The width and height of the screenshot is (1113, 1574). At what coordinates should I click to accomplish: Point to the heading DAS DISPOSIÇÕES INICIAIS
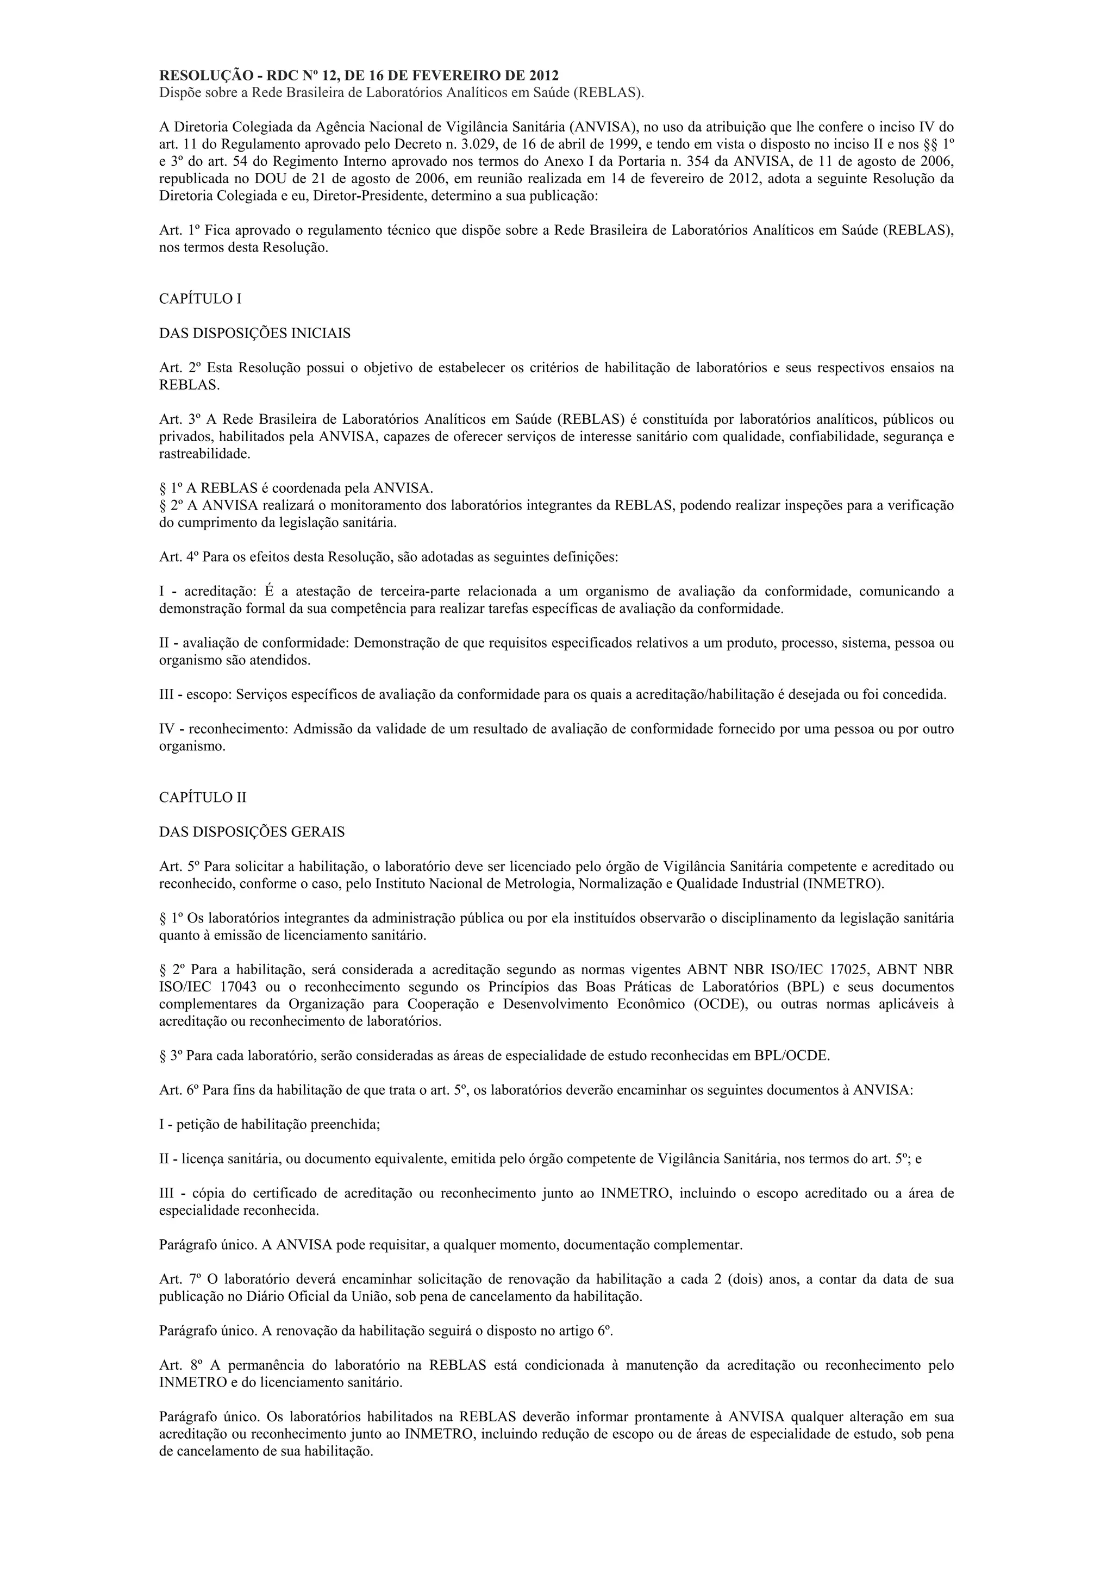[x=254, y=333]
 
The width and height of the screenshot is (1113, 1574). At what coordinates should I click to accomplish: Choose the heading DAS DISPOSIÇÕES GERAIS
[x=252, y=832]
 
